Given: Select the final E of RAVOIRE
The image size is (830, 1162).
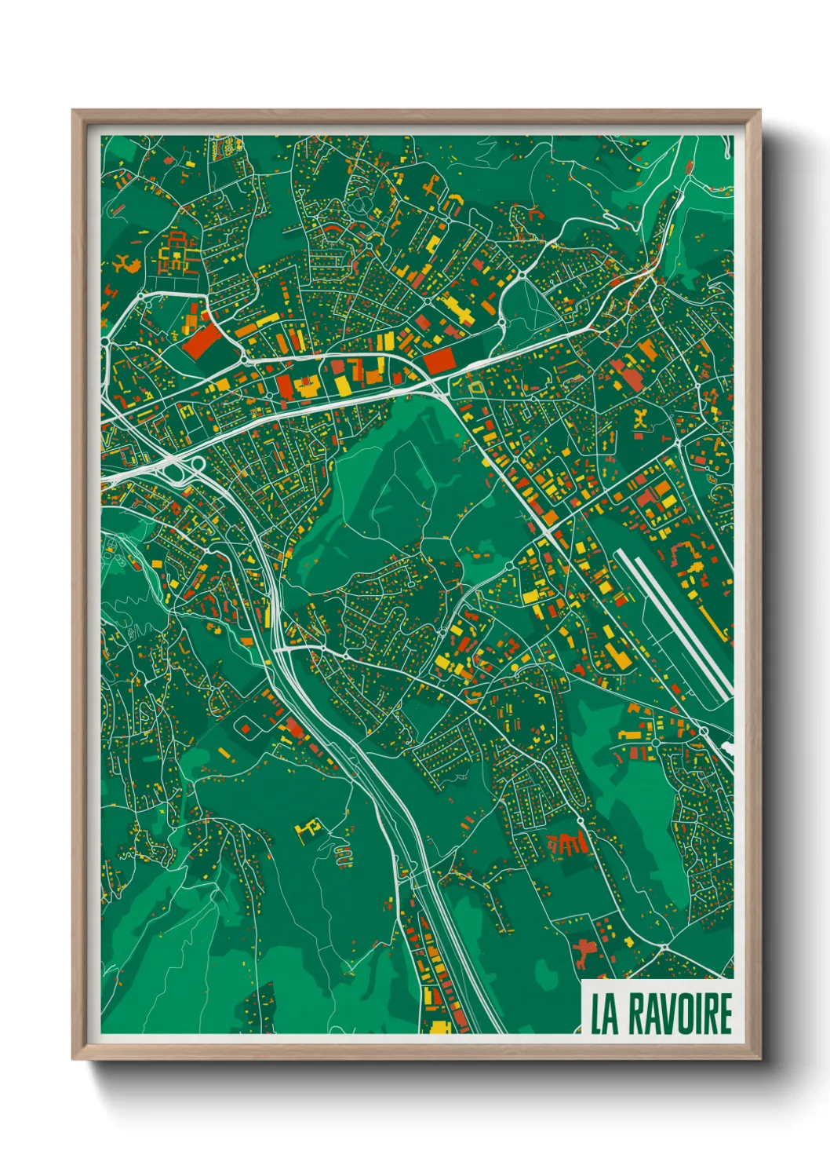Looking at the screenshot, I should (725, 1014).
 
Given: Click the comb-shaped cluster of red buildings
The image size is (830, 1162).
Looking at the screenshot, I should (567, 844).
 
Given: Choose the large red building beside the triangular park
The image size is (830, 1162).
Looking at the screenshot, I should (439, 360).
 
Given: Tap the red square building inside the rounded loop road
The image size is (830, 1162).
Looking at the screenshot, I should (246, 729).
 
